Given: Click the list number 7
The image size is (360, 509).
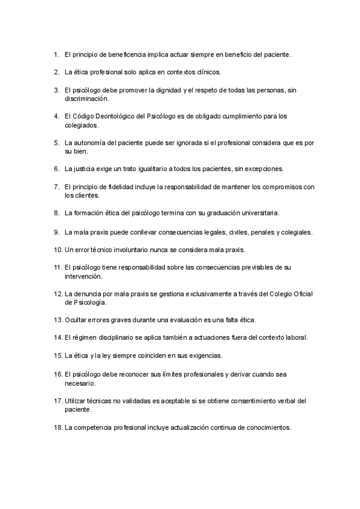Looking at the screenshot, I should (x=56, y=187).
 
